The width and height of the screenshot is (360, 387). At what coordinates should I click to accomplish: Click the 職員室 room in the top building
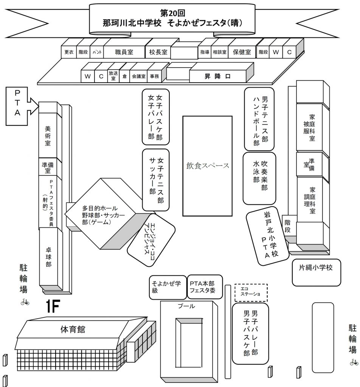coord(124,52)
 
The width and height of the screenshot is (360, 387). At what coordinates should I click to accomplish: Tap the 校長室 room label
coord(158,52)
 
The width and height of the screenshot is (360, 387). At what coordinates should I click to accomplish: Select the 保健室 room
coord(242,52)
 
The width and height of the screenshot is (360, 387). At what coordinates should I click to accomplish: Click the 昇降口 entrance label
coord(217,76)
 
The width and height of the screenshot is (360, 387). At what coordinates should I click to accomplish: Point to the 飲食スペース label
coord(208,166)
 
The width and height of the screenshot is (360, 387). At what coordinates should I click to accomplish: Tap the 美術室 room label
coord(48,136)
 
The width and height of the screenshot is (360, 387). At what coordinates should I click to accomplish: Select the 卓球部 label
coord(49,257)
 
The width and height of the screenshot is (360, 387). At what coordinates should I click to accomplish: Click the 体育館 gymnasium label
coord(73,329)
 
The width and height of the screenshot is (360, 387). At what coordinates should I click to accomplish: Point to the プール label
coord(186,306)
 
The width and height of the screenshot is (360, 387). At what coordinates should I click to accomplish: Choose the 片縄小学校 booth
coord(317,272)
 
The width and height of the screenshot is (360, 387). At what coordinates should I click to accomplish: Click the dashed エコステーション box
coord(251,293)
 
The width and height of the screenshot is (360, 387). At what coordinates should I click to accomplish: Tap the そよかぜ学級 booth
coord(168,288)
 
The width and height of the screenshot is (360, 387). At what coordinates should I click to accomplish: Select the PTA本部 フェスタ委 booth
coord(205,287)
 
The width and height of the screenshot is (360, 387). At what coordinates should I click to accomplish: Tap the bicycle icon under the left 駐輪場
coord(25,302)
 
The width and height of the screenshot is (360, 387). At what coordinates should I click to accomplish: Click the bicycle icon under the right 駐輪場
coord(354,362)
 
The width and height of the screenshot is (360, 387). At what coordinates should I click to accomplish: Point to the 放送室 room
coord(113,76)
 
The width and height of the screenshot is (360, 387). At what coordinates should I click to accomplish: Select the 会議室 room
coord(138,76)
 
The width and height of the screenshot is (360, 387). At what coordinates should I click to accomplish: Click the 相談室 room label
coord(219,52)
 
